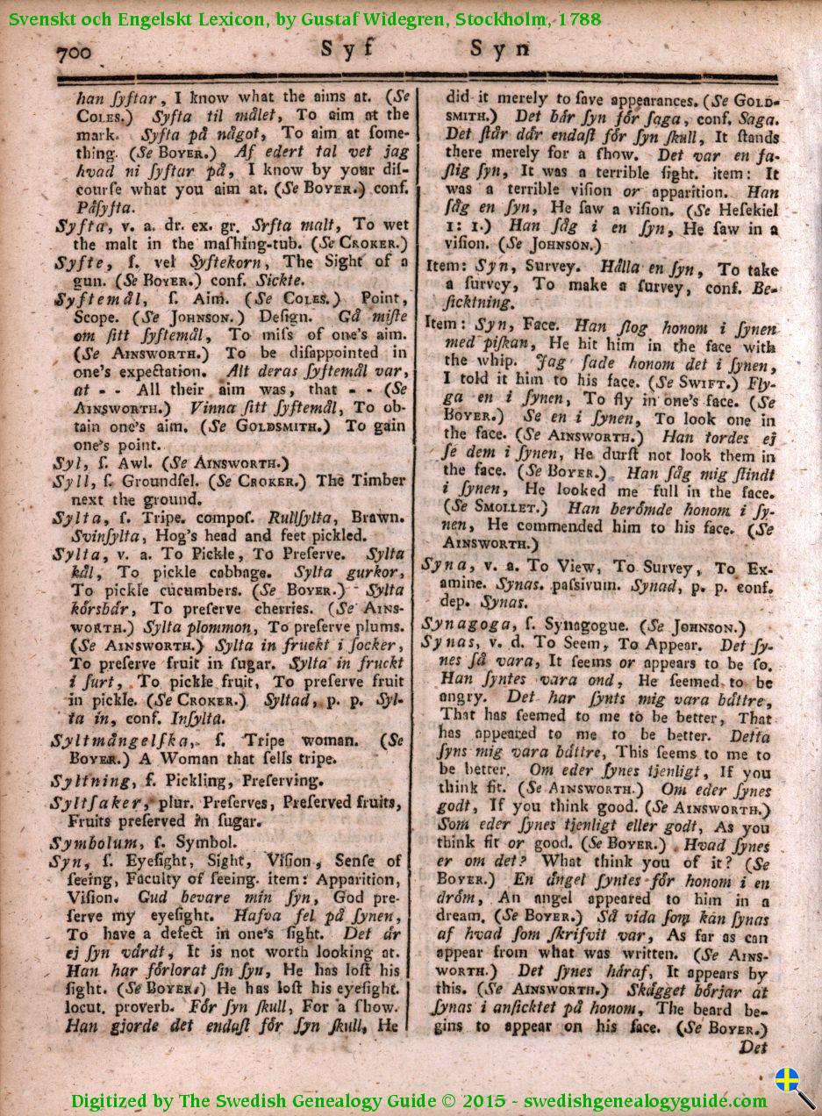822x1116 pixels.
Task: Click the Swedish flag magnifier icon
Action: point(795,1086)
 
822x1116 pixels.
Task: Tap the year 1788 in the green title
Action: point(578,18)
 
